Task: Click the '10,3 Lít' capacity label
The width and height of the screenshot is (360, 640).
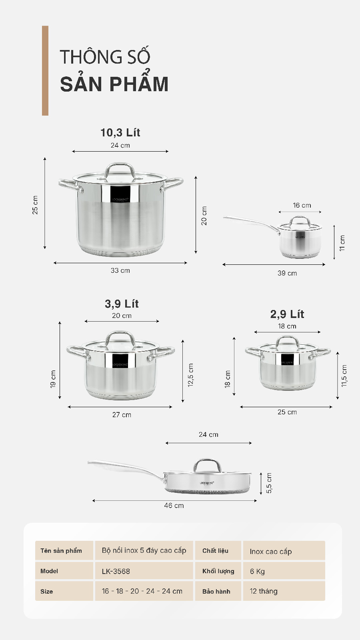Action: point(120,132)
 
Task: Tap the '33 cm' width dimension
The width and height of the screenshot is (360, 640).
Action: point(120,270)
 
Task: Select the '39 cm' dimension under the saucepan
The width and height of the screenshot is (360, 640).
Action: point(287,273)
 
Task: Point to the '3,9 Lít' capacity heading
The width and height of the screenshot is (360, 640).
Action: point(122,304)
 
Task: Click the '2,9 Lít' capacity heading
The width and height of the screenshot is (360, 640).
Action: point(287,314)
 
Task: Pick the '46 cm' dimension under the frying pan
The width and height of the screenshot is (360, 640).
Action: point(174,506)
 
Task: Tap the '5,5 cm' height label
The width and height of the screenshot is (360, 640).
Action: point(269,483)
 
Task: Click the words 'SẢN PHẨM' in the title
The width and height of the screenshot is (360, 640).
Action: point(114,84)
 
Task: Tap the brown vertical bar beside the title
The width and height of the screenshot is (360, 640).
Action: point(45,71)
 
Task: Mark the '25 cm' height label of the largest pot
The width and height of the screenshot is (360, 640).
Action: point(35,205)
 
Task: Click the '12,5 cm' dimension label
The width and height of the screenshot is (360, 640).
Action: point(190,375)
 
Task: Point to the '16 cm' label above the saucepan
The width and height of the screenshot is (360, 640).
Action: point(302,205)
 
